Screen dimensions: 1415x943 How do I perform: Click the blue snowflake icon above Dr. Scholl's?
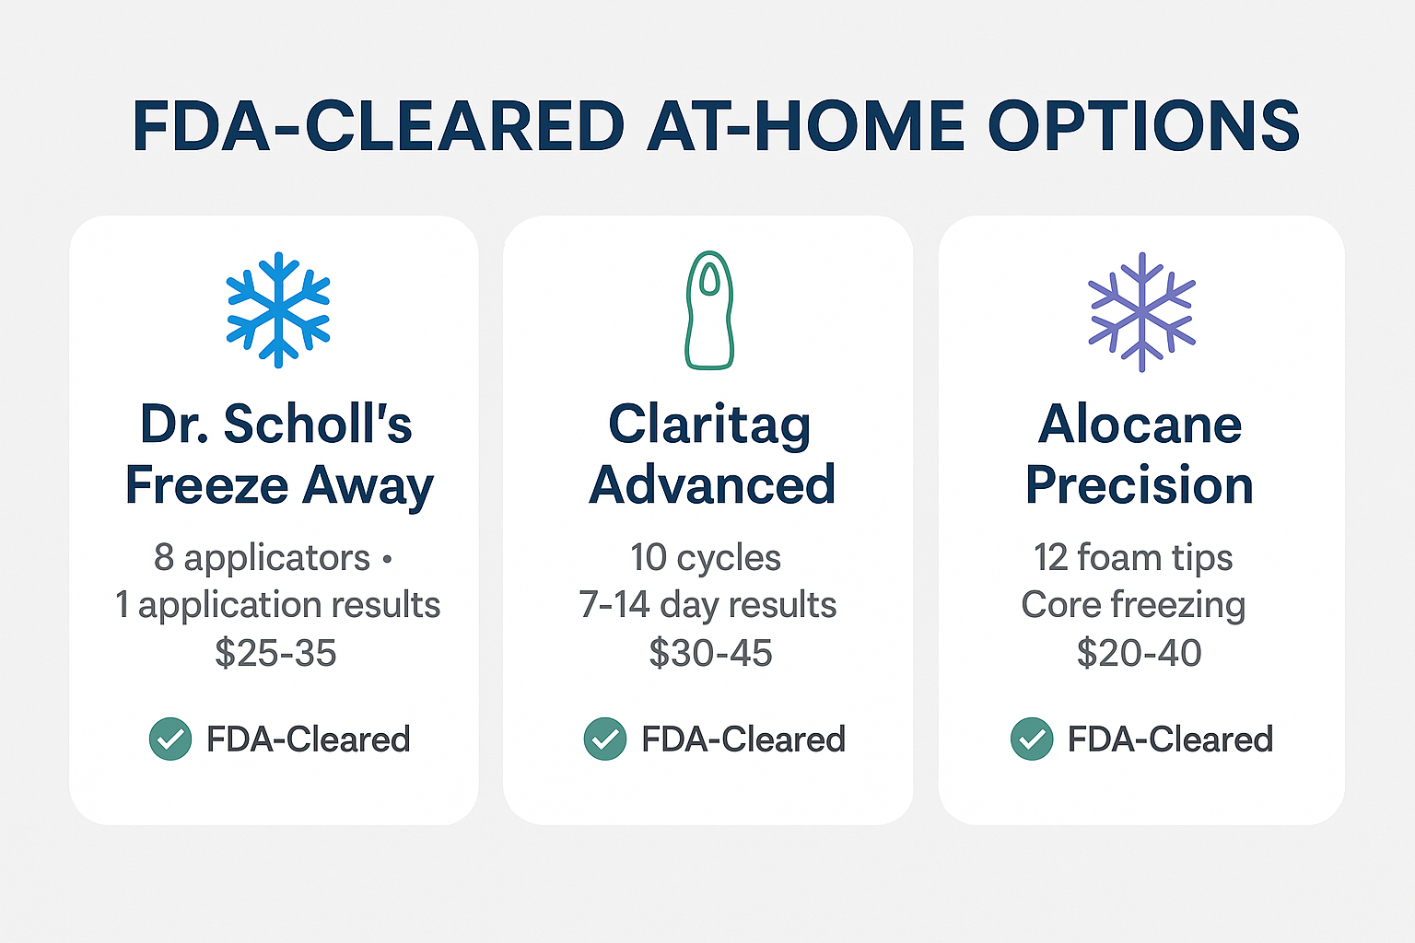point(278,309)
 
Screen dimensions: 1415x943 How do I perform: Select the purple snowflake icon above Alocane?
point(1141,311)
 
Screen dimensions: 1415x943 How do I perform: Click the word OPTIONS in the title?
point(1144,125)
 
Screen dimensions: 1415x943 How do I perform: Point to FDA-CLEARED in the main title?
point(379,125)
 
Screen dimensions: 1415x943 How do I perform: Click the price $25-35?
point(275,653)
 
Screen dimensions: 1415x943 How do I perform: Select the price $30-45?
point(710,653)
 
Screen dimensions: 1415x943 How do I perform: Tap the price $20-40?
point(1139,653)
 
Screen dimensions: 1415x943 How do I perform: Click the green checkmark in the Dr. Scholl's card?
point(170,739)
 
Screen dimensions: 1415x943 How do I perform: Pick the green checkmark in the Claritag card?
point(605,739)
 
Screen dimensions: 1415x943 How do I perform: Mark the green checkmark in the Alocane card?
point(1032,739)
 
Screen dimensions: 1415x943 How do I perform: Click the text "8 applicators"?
point(262,558)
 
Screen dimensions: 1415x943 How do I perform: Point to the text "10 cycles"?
point(706,557)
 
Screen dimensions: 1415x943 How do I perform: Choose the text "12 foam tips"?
point(1133,557)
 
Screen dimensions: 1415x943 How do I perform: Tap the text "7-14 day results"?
point(707,604)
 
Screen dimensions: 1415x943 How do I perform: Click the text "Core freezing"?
point(1133,605)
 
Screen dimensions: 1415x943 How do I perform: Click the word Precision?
point(1140,484)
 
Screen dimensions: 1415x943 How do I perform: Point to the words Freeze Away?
point(279,486)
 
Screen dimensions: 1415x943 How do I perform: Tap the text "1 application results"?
point(277,605)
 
